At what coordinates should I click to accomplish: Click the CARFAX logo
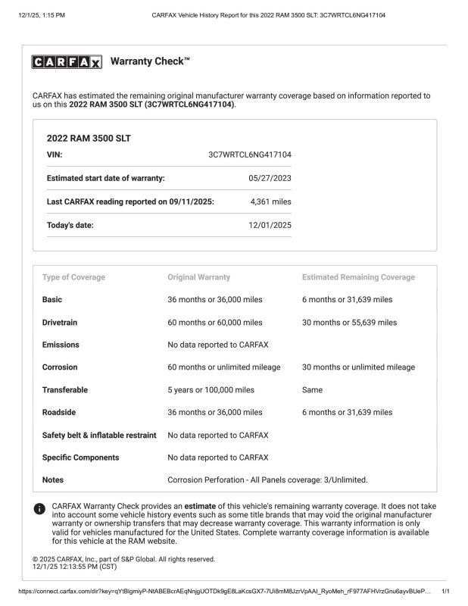click(x=67, y=63)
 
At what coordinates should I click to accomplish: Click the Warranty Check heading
click(x=150, y=61)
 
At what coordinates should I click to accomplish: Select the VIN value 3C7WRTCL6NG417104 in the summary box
click(x=250, y=155)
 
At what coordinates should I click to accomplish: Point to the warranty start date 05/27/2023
click(x=270, y=178)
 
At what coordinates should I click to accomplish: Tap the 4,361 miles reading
click(x=270, y=201)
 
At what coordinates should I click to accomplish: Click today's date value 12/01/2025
click(x=270, y=225)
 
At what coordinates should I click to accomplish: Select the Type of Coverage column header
click(x=73, y=277)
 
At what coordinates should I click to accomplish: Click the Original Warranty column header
click(x=198, y=277)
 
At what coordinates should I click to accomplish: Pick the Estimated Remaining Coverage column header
click(x=358, y=277)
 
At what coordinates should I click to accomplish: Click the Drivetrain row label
click(x=60, y=323)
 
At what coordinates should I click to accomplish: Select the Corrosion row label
click(x=60, y=367)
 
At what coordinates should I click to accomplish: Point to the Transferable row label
click(x=65, y=390)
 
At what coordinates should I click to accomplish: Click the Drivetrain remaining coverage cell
click(x=349, y=323)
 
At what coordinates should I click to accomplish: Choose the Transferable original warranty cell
click(x=211, y=390)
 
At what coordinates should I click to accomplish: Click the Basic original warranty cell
click(x=215, y=300)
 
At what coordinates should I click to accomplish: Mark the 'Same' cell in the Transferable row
click(x=312, y=390)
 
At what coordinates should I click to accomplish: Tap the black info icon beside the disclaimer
click(x=39, y=509)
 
